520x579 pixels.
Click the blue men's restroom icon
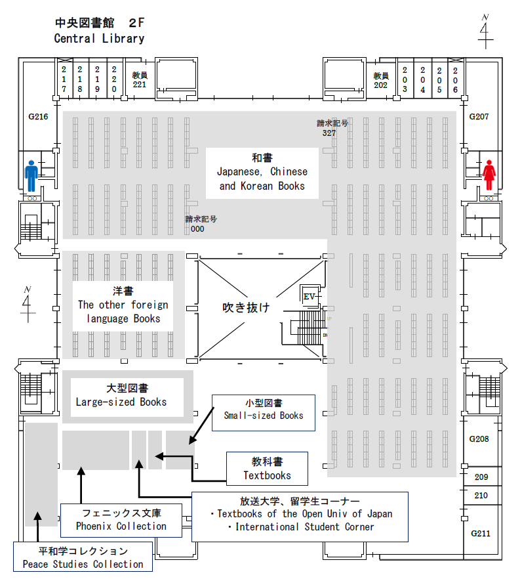coord(31,176)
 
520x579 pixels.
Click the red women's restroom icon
coord(488,175)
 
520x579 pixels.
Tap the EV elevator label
coord(310,297)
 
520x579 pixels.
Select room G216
coord(38,116)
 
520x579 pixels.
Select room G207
coord(479,116)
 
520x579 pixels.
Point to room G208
coord(479,439)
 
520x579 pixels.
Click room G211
coord(480,533)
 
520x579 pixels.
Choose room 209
coord(481,477)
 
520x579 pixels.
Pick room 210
coord(481,495)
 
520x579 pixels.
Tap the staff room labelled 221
coord(139,79)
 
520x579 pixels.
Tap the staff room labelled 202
coord(381,80)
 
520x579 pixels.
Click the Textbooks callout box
coord(267,469)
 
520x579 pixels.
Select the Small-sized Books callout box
coord(264,412)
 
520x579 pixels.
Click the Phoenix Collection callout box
coord(121,520)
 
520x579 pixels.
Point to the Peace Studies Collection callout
coord(83,557)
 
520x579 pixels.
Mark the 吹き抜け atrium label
coord(246,308)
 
